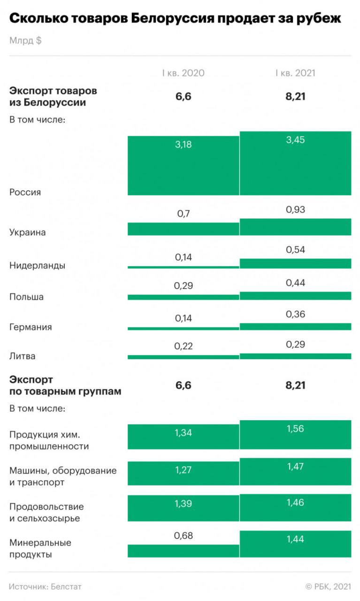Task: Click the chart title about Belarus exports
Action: [175, 19]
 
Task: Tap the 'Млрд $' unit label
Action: [25, 41]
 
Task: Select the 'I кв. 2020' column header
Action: [184, 73]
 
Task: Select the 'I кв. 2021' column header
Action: [295, 73]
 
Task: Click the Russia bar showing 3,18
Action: [184, 166]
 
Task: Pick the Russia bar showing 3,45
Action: [295, 163]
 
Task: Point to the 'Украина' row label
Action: [28, 232]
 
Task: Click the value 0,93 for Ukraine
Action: [295, 209]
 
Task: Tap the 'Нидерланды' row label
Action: [37, 265]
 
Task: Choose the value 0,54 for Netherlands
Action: [295, 250]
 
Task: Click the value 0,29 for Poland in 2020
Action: [184, 286]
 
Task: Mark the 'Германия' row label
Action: [31, 327]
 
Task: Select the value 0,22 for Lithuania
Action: [184, 346]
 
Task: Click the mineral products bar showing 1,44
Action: [295, 544]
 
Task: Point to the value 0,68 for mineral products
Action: [184, 535]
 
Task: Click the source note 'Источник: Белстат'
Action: [45, 586]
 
